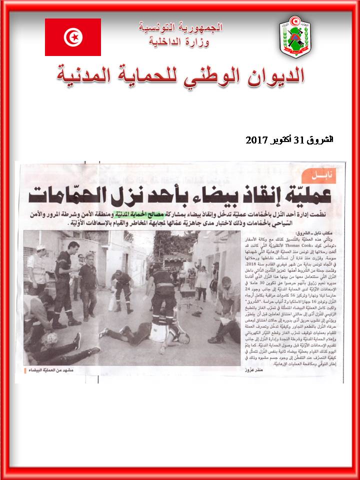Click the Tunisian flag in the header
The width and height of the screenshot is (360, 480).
(73, 37)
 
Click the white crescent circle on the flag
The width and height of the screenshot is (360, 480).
(73, 36)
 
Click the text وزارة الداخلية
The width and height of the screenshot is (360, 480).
(179, 41)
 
